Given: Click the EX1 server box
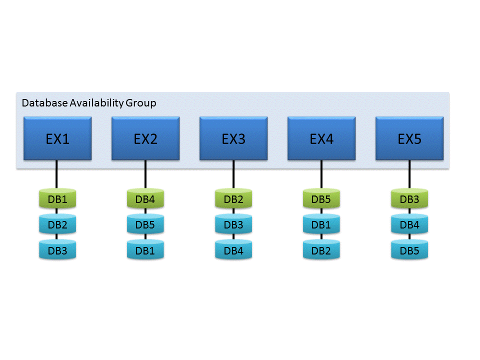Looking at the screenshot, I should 57,138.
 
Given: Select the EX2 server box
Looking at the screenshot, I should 145,138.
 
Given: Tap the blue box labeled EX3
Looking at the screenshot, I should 233,138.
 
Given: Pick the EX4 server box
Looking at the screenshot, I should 321,138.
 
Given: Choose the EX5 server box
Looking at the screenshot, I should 409,138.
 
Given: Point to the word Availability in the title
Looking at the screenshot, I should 96,103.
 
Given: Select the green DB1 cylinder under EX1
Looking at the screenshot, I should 57,199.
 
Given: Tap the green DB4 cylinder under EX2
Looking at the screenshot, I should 145,199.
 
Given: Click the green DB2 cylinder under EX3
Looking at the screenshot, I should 233,199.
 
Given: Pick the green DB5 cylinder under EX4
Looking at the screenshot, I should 321,199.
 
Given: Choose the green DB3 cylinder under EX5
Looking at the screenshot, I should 409,199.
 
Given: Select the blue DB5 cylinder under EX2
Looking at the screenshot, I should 145,225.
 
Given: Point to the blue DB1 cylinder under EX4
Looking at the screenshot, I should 321,225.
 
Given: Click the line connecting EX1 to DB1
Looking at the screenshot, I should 57,174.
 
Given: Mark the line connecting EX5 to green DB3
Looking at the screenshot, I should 409,174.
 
